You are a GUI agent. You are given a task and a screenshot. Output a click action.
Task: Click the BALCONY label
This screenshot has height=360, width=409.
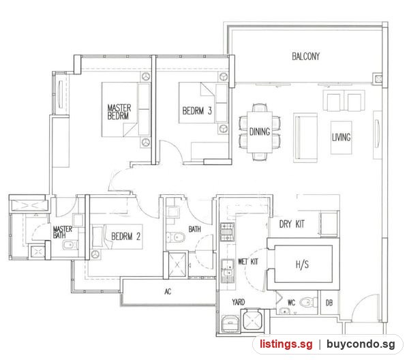pos(305,57)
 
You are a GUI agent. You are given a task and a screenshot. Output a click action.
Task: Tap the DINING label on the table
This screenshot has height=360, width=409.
pos(260,132)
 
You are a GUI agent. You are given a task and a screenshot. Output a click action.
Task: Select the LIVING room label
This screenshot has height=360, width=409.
pos(341,137)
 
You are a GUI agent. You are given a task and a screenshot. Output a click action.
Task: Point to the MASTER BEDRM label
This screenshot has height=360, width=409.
pos(119,112)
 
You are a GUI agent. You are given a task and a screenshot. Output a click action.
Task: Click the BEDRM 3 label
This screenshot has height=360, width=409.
pos(197,111)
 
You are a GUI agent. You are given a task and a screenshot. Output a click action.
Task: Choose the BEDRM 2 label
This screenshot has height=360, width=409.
pos(125,237)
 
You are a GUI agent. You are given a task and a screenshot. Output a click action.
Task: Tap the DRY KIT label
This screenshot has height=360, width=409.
pos(292,224)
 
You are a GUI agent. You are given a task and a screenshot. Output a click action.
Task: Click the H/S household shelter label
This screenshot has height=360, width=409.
pos(302,265)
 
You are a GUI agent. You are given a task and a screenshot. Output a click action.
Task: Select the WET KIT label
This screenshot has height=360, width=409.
pos(248,261)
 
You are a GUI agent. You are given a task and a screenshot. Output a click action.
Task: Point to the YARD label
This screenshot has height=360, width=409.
pos(239,302)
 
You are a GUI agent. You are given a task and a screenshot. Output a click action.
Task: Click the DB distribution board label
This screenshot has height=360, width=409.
pos(329,303)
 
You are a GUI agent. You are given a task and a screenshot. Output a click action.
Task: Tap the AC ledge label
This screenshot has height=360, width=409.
pos(168,291)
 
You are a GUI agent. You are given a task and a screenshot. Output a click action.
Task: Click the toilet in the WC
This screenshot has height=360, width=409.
pos(307,303)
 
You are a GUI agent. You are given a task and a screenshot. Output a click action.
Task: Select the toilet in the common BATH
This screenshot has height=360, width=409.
pos(176,237)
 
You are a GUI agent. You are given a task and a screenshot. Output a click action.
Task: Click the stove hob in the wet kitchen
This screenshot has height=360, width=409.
pos(228,232)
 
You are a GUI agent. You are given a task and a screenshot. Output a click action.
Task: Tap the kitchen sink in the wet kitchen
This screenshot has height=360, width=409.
pos(228,271)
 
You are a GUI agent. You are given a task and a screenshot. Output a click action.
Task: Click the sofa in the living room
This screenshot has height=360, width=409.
pos(305,138)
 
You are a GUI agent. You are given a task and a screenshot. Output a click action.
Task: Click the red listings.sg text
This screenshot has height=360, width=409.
pos(286,344)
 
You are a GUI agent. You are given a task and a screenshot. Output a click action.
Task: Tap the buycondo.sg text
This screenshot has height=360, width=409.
pos(361,344)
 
